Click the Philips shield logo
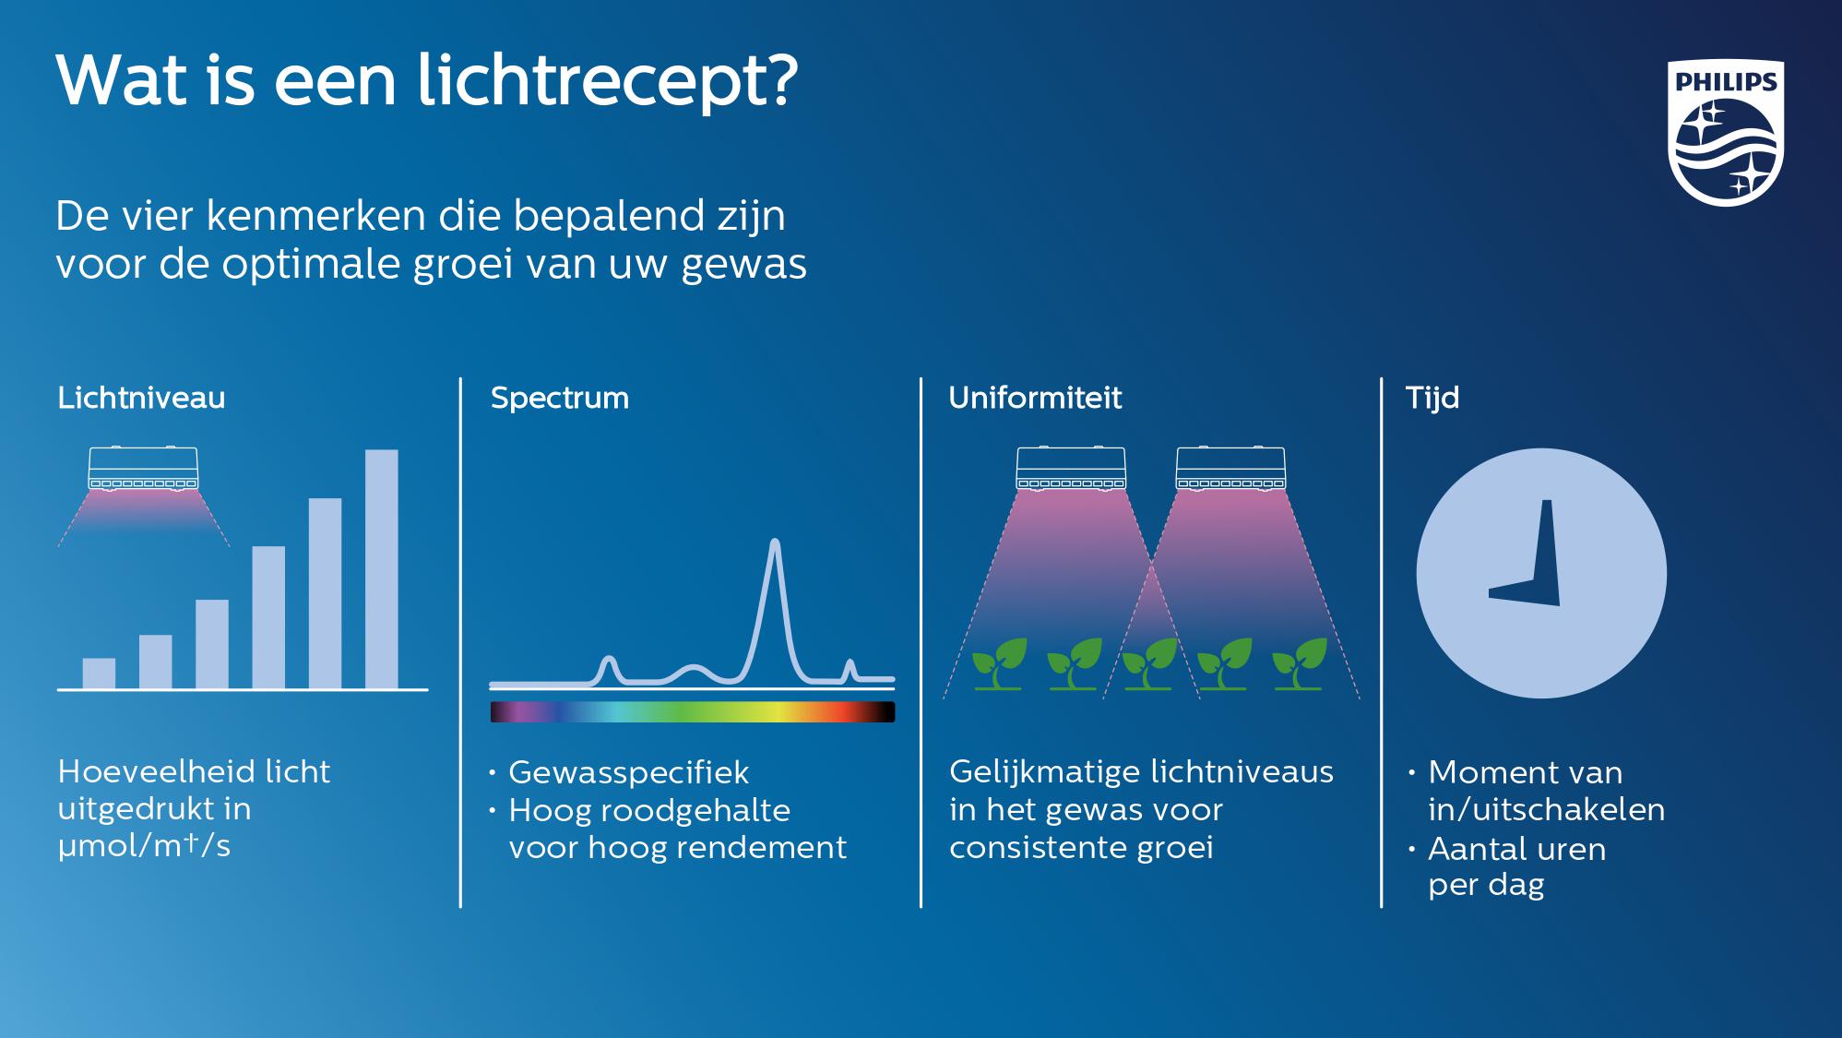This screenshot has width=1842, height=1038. coord(1726,133)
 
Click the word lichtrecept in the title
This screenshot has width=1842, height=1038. coord(608,82)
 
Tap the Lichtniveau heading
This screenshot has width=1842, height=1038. coord(141,398)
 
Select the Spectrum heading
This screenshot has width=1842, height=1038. coord(560,398)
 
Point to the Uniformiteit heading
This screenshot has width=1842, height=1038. coord(1035,398)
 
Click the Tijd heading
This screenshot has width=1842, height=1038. coord(1432,398)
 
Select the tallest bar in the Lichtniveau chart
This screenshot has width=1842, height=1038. coord(382,569)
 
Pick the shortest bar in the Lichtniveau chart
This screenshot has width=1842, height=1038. coord(99,674)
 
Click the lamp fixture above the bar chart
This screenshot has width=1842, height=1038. coord(143,468)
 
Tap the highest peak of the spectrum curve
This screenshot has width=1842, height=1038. coord(775,543)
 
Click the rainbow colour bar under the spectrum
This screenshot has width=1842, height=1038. coord(692,711)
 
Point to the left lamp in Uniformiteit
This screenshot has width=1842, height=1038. coord(1071,468)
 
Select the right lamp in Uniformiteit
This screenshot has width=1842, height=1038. coord(1230,468)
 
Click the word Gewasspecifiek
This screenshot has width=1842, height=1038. coord(628,772)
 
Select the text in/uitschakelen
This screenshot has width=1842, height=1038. coord(1547,809)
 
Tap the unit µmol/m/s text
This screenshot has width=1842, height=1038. coord(144,846)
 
